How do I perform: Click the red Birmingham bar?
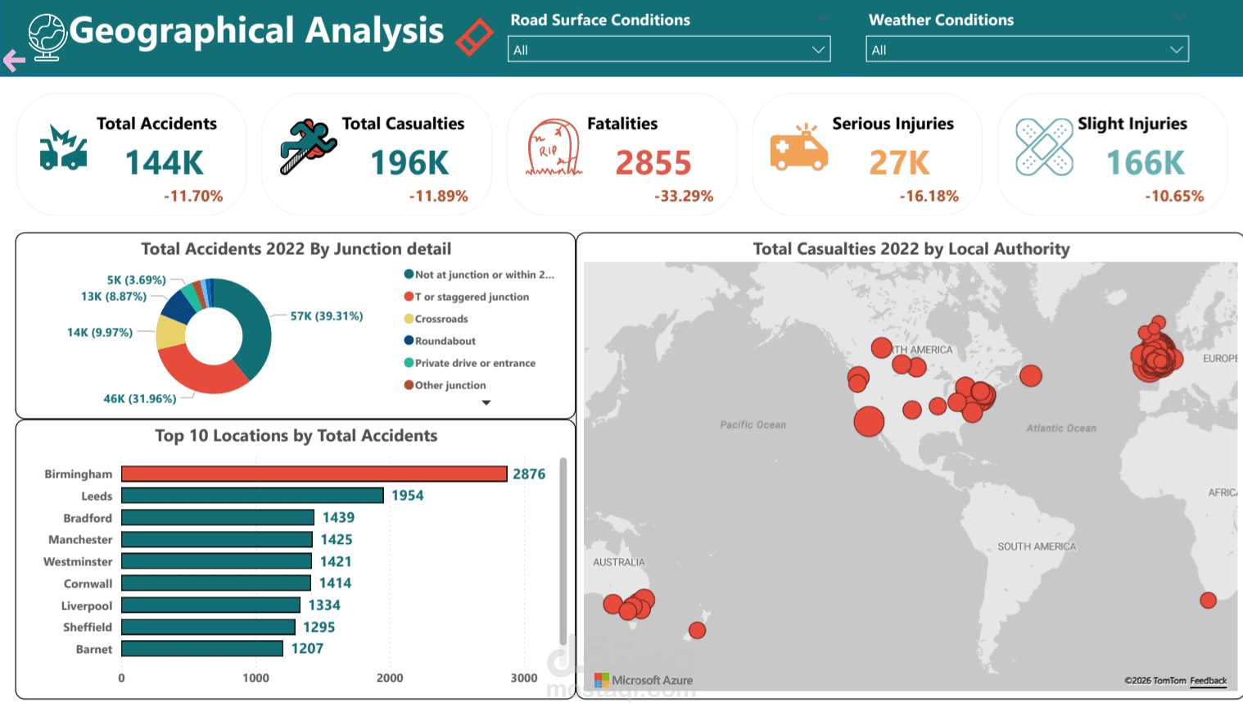314,474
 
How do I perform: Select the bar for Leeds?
252,496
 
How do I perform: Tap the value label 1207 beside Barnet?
307,648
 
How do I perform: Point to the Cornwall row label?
88,583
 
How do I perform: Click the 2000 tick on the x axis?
390,678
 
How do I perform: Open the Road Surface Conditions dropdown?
669,49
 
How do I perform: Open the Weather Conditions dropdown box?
1027,49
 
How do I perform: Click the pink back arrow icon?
14,60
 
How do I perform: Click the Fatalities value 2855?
653,163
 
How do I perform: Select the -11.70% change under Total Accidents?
193,196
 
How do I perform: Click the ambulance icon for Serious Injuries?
798,150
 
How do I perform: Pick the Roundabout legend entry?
445,341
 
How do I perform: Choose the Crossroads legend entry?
441,319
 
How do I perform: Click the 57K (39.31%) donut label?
326,316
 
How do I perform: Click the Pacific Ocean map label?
753,424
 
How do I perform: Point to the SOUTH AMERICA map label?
1037,547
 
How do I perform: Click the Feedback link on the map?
1208,681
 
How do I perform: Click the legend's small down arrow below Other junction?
486,402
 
